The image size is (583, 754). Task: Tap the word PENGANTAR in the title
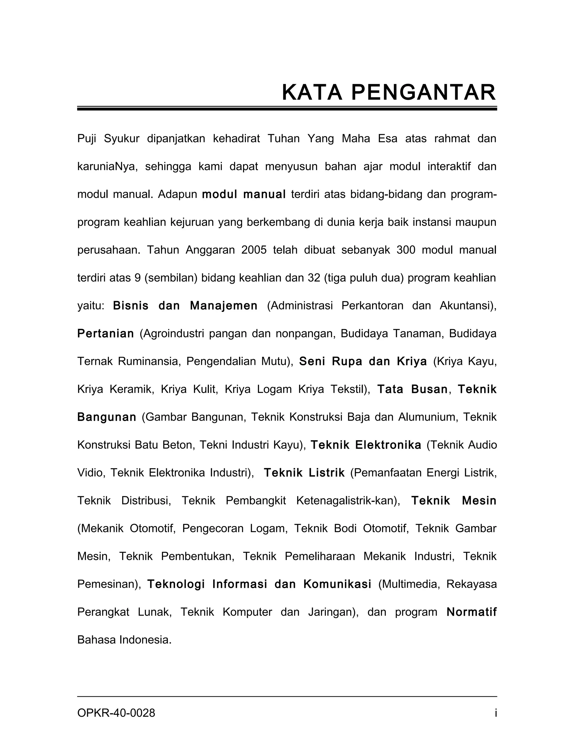click(x=424, y=92)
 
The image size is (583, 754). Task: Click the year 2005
click(x=254, y=250)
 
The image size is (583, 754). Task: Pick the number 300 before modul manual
click(x=406, y=250)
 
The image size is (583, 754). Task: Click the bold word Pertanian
click(x=106, y=333)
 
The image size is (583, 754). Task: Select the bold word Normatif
click(x=471, y=612)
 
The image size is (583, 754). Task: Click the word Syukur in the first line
click(x=122, y=139)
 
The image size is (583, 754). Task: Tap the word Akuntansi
click(x=468, y=306)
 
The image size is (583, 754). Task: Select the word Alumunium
click(x=428, y=417)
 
